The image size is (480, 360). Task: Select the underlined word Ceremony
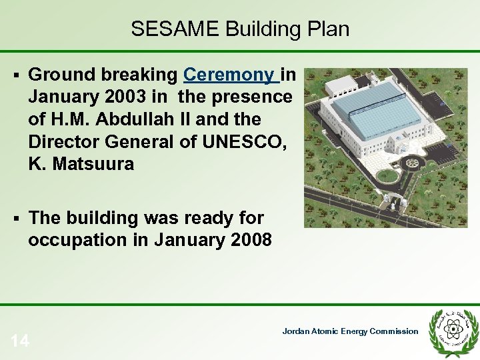click(231, 75)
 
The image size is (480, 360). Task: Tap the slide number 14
click(20, 342)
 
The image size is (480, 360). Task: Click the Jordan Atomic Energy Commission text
click(350, 331)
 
